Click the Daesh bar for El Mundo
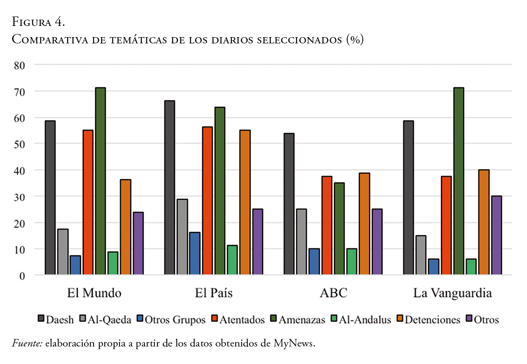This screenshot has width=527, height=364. click(50, 197)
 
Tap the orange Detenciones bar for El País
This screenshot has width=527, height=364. click(245, 202)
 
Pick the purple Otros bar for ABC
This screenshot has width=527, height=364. click(377, 241)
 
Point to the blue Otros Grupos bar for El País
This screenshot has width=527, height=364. click(195, 253)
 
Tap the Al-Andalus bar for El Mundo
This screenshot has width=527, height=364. click(113, 263)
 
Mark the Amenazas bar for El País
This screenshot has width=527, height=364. click(220, 190)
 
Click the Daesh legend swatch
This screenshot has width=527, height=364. click(41, 319)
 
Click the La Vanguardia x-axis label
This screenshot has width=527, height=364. click(452, 294)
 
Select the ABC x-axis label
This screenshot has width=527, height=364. click(333, 294)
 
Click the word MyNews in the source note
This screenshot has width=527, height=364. click(294, 344)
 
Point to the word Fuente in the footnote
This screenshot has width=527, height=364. click(26, 344)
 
